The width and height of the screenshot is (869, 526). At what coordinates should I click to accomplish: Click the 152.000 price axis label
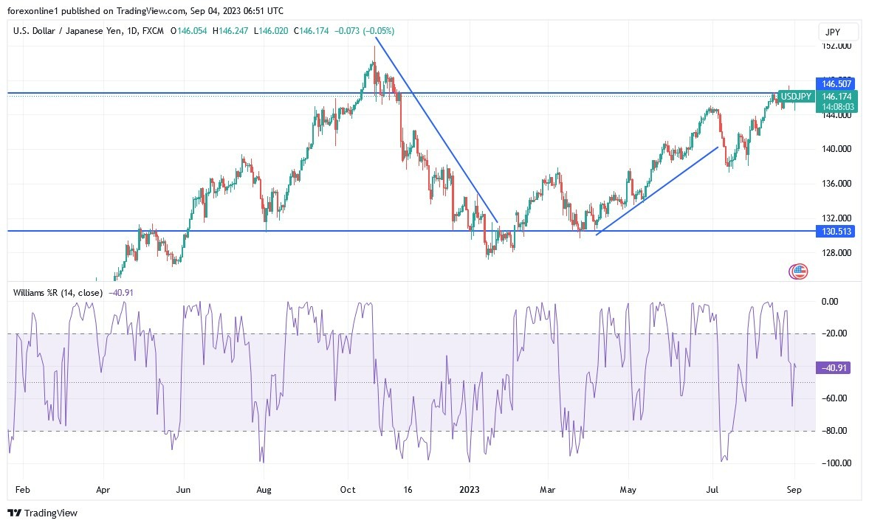[836, 46]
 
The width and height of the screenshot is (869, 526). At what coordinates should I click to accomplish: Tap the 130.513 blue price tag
[836, 232]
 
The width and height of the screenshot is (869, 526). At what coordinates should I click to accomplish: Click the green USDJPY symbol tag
[797, 97]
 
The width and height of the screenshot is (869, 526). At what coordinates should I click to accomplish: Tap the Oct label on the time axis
[348, 489]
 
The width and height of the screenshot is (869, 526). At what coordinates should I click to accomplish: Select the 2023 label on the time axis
[470, 489]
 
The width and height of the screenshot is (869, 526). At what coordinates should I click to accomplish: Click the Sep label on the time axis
[794, 489]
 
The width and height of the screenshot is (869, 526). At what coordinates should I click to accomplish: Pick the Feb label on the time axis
[23, 489]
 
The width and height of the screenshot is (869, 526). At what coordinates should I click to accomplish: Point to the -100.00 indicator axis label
[834, 463]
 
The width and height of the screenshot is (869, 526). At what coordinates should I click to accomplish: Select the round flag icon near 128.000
[799, 271]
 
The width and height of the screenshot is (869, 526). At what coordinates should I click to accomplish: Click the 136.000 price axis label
[836, 184]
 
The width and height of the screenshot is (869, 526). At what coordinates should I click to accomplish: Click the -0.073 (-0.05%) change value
[365, 31]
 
